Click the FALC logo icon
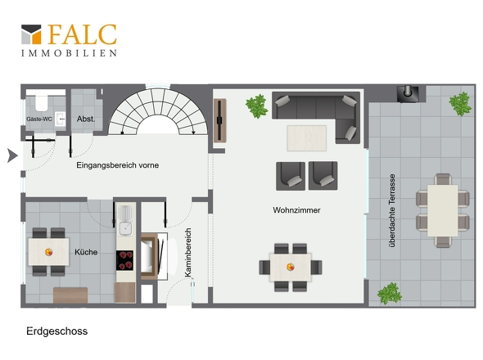click(x=31, y=34)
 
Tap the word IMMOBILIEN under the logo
click(x=69, y=53)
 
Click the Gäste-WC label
click(x=39, y=119)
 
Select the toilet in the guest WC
click(x=41, y=103)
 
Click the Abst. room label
click(x=86, y=119)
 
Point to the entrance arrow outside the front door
click(x=12, y=155)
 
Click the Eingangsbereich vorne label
click(x=118, y=165)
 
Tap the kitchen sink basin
click(x=126, y=228)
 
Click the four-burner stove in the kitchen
click(x=124, y=260)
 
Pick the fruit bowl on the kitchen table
click(x=48, y=252)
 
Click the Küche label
click(x=86, y=252)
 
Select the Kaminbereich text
click(x=188, y=253)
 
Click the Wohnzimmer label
click(x=296, y=210)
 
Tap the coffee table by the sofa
click(x=306, y=138)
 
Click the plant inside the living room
click(x=256, y=106)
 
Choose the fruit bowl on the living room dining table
click(x=290, y=267)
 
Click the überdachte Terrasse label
click(x=392, y=211)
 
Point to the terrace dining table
click(x=442, y=210)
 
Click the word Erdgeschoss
click(x=57, y=331)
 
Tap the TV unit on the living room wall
click(x=220, y=121)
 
